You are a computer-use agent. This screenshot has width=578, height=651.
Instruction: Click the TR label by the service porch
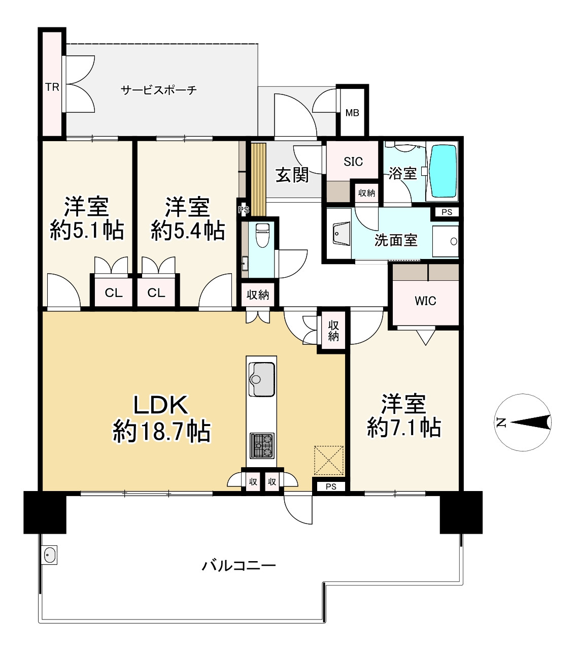52,87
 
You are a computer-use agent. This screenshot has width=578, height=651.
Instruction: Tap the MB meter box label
352,113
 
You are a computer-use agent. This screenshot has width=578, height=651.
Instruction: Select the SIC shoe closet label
353,161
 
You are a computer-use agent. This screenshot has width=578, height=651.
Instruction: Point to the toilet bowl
262,235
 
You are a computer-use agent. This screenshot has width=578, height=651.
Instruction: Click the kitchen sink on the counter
261,379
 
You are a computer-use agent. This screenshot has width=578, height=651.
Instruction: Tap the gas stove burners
262,446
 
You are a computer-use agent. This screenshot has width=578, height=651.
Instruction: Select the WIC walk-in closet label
425,301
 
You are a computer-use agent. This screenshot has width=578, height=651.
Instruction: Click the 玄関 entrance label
292,175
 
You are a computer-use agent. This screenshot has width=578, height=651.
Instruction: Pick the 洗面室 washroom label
396,240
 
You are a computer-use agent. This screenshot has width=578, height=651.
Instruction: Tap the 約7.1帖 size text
404,427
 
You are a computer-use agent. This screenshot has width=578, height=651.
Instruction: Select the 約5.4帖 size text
188,231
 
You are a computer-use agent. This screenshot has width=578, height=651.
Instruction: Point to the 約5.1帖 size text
87,230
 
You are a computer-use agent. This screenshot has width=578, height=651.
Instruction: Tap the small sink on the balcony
49,555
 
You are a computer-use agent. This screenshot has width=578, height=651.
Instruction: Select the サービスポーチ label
159,90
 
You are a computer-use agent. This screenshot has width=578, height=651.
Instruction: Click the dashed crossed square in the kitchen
328,460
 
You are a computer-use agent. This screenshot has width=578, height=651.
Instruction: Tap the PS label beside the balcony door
331,486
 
